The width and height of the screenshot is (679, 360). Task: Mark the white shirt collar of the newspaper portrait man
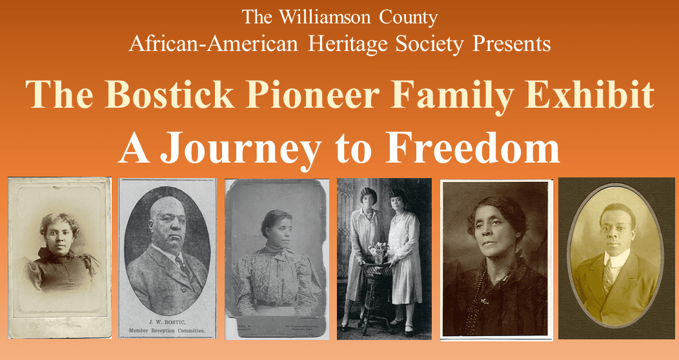click(170, 254)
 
